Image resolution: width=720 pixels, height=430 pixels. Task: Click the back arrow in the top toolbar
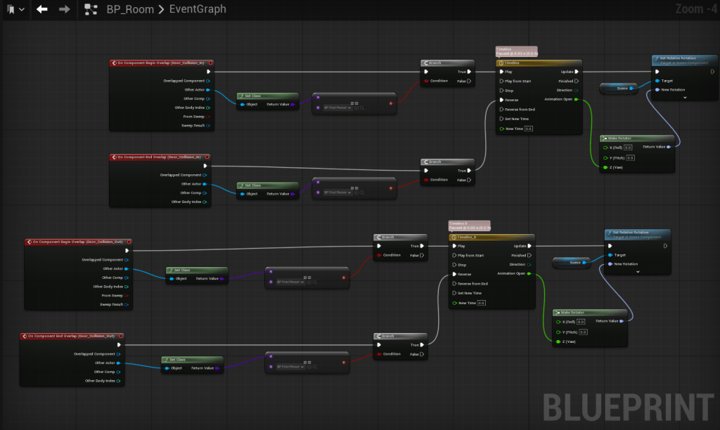coord(42,9)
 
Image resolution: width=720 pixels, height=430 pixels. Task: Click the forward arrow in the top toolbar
coord(64,9)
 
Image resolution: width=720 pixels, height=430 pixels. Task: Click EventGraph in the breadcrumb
coord(198,9)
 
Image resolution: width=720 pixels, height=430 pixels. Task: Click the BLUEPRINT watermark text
coord(627,405)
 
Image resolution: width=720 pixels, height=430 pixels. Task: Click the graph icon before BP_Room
coord(91,9)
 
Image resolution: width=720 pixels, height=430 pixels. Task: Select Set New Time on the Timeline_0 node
coord(470,293)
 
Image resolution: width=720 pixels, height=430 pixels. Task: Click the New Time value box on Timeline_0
coord(482,303)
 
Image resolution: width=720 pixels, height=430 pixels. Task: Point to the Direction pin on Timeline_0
coord(519,264)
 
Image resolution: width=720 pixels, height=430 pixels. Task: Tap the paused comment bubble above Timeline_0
coord(469,226)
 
